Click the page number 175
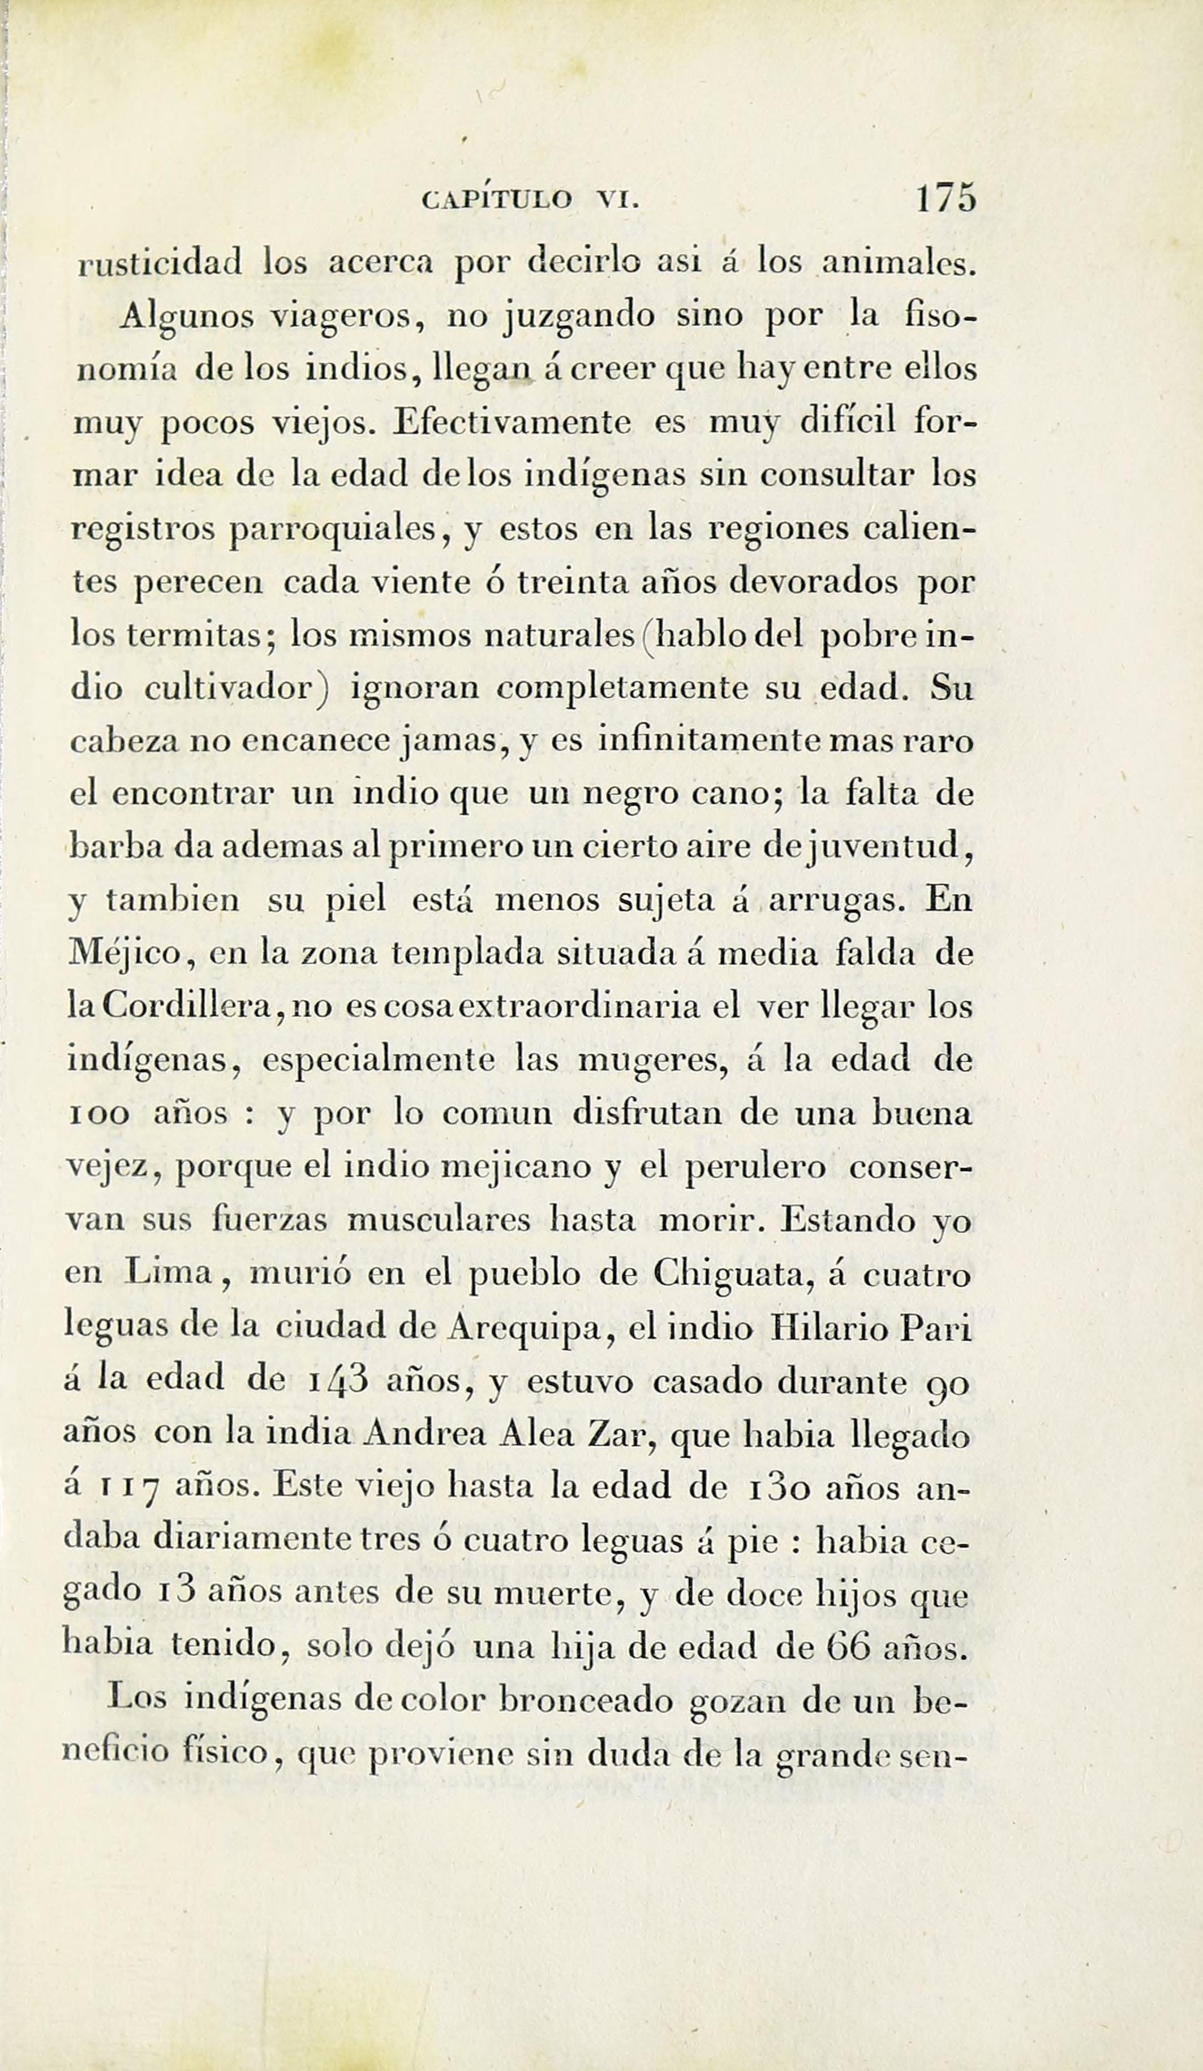coord(946,199)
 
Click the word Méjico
coord(132,953)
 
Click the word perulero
coord(755,1168)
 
